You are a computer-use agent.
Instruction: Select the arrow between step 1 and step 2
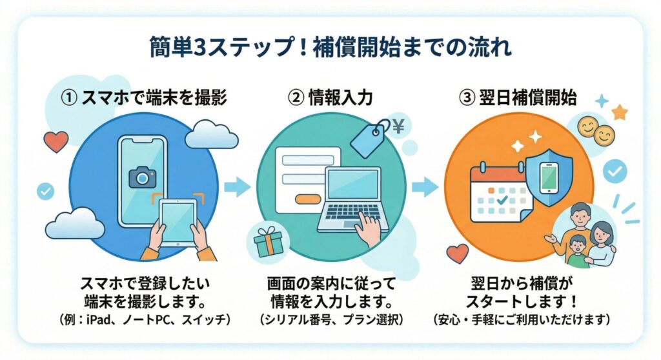coord(237,187)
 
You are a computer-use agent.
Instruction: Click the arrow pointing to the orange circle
coord(425,187)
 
